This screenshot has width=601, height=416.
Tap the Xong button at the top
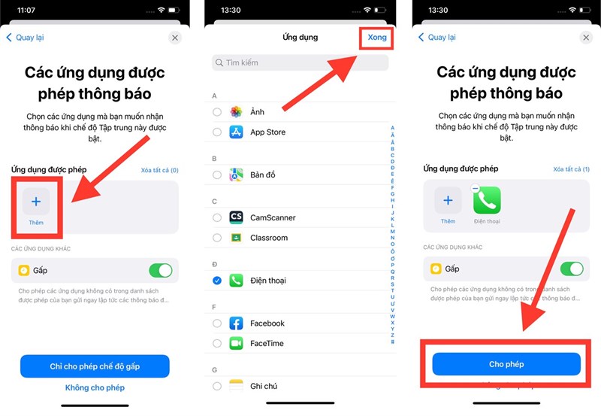(376, 38)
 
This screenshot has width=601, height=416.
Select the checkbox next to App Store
(217, 132)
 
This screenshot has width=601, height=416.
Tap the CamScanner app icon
(236, 217)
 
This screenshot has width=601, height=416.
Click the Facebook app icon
(236, 323)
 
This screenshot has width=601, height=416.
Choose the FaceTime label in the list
(267, 343)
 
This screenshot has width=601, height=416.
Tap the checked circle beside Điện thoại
(217, 281)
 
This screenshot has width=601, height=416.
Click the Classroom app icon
(236, 238)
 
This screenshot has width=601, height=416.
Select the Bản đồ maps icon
(236, 175)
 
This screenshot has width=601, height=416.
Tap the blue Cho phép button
(506, 364)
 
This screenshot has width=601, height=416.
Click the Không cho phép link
(95, 387)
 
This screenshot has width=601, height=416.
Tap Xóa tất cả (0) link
(159, 170)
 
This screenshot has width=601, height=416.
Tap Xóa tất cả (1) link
(572, 169)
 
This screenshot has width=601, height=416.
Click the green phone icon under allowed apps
(487, 201)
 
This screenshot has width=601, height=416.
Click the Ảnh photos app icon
(236, 112)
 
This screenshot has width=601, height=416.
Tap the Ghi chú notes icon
(236, 386)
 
